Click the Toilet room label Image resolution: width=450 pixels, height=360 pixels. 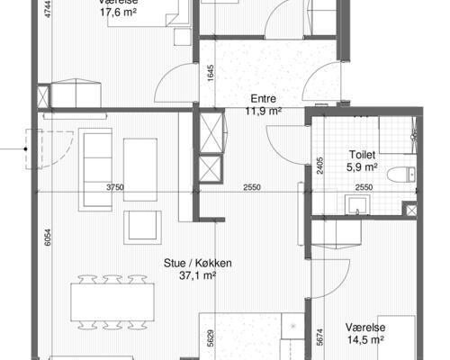pyautogui.click(x=362, y=155)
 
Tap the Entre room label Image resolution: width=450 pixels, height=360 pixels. pyautogui.click(x=263, y=99)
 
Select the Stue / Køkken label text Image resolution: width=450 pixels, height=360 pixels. pyautogui.click(x=198, y=263)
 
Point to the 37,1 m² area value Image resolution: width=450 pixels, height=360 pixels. pyautogui.click(x=198, y=275)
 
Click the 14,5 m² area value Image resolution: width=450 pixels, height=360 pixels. pyautogui.click(x=365, y=340)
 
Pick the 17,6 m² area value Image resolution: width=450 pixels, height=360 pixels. pyautogui.click(x=119, y=13)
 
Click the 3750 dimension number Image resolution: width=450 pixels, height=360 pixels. pyautogui.click(x=115, y=187)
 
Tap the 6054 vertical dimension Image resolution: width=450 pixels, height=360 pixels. pyautogui.click(x=48, y=238)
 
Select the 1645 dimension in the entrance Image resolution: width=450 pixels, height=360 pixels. pyautogui.click(x=211, y=74)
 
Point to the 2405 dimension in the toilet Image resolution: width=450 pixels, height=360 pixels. pyautogui.click(x=320, y=166)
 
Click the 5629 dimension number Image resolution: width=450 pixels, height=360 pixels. pyautogui.click(x=211, y=338)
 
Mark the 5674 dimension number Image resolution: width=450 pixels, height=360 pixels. pyautogui.click(x=320, y=337)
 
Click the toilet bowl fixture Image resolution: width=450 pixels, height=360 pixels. pyautogui.click(x=401, y=175)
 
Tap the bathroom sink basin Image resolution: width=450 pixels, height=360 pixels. pyautogui.click(x=357, y=204)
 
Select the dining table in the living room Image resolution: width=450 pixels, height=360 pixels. pyautogui.click(x=112, y=302)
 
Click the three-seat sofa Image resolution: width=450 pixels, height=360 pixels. pyautogui.click(x=95, y=170)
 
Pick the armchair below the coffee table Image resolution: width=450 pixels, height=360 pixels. pyautogui.click(x=142, y=227)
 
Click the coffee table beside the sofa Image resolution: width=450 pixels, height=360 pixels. pyautogui.click(x=140, y=170)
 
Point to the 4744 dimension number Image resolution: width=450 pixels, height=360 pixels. pyautogui.click(x=48, y=9)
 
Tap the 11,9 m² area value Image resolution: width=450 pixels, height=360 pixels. pyautogui.click(x=263, y=111)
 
